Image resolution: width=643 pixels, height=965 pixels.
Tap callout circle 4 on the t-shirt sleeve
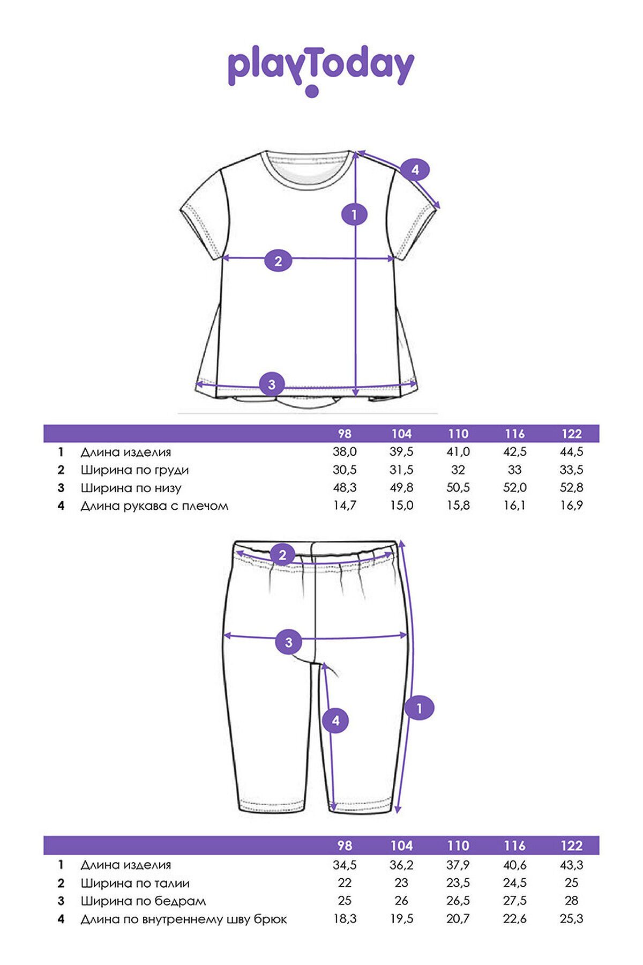[x=415, y=170]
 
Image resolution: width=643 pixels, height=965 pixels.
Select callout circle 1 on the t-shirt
[x=354, y=215]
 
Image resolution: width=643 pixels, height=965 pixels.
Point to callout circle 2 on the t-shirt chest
[x=278, y=261]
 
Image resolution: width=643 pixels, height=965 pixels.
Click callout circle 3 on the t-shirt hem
[x=272, y=384]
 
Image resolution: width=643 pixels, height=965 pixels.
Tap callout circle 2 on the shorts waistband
[x=283, y=555]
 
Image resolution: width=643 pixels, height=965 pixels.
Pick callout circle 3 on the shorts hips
[x=289, y=642]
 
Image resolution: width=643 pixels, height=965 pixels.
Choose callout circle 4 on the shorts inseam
[x=335, y=721]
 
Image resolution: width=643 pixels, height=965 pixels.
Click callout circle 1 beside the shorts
[x=419, y=708]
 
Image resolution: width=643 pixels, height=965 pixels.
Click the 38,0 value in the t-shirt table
[x=345, y=452]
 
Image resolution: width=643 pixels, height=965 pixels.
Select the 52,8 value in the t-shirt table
[x=571, y=487]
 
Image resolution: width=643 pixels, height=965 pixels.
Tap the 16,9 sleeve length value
[x=571, y=505]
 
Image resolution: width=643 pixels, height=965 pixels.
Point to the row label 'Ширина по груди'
[x=134, y=470]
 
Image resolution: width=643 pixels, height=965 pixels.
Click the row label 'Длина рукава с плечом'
[x=154, y=506]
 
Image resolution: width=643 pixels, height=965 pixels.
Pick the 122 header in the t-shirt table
[x=571, y=434]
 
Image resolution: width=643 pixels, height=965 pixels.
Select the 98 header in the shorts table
[x=345, y=845]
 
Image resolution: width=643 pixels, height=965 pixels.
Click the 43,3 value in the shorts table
[x=571, y=865]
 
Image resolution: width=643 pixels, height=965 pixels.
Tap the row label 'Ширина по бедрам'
[x=143, y=901]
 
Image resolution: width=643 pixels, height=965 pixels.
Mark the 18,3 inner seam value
[x=345, y=919]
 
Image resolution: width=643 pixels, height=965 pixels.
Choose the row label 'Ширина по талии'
[x=135, y=883]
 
